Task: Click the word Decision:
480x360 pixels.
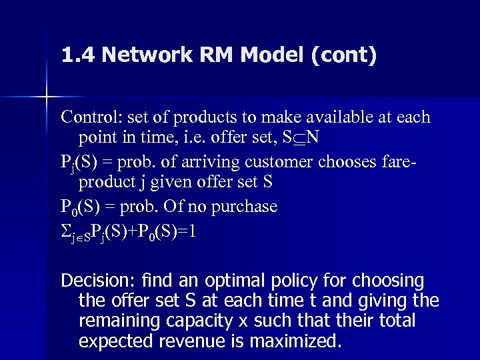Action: (94, 279)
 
